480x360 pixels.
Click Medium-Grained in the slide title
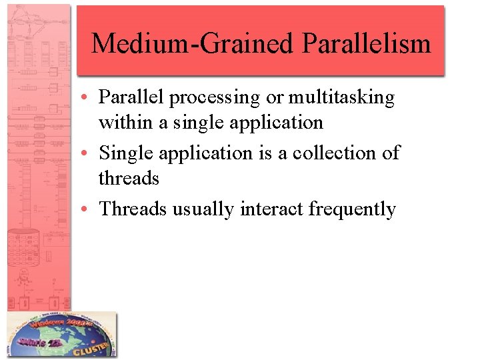(192, 44)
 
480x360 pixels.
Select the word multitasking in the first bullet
(341, 98)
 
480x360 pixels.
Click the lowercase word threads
(129, 179)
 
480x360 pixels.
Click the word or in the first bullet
(274, 98)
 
